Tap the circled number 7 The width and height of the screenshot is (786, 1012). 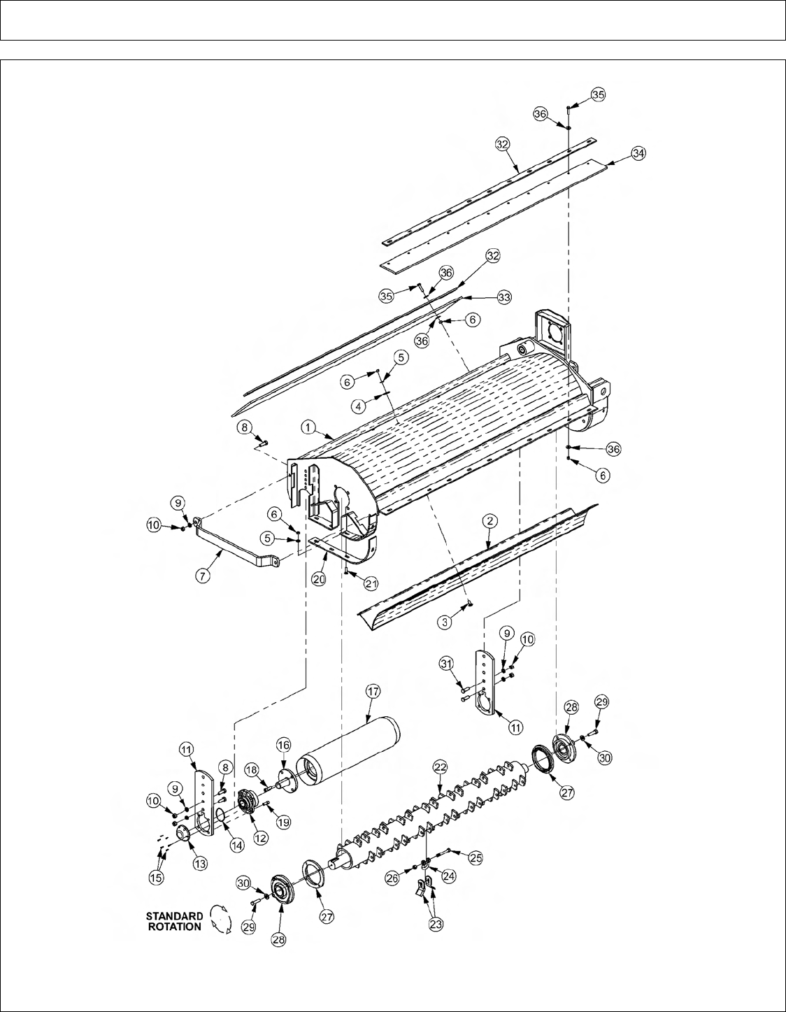(x=202, y=576)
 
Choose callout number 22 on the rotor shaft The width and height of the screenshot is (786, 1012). (x=440, y=767)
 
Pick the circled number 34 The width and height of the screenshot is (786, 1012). (x=638, y=153)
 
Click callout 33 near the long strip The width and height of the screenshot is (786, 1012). (x=504, y=297)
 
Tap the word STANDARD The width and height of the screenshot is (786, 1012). (x=175, y=916)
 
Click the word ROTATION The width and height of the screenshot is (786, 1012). (x=175, y=927)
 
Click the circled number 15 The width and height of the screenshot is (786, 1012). (x=156, y=878)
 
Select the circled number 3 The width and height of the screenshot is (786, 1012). (x=445, y=622)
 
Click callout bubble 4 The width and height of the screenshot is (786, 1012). (x=358, y=406)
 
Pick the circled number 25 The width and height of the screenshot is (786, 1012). (x=475, y=858)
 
